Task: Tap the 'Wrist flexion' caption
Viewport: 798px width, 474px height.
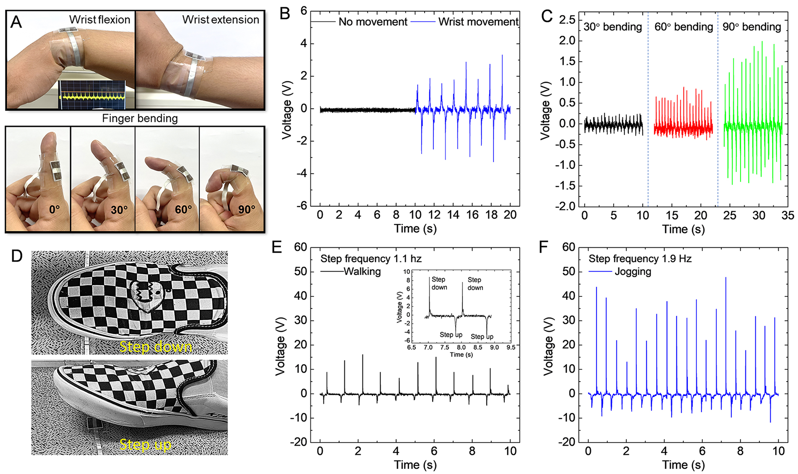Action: (100, 20)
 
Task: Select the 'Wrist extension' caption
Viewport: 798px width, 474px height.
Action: (220, 20)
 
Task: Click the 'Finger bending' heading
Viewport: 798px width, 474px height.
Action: (140, 118)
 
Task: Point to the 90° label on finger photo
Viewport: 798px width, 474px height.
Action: (247, 209)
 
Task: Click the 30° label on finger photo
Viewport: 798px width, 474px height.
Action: (119, 209)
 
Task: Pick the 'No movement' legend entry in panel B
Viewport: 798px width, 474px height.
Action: (373, 22)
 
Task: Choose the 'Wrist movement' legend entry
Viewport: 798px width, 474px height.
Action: (478, 22)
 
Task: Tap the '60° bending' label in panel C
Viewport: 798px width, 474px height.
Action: (683, 27)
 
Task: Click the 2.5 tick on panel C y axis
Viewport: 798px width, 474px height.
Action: (567, 20)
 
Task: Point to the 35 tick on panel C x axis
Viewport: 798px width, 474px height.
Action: (787, 216)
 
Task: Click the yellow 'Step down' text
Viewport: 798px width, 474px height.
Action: (155, 347)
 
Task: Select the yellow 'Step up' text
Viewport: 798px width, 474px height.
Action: (145, 444)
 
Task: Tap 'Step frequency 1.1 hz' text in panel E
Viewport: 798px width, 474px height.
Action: (370, 259)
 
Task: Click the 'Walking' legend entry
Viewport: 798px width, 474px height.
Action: (362, 272)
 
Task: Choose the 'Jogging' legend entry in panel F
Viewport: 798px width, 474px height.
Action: (633, 272)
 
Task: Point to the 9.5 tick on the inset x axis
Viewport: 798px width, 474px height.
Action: (511, 347)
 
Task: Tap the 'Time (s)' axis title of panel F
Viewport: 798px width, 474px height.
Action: (683, 465)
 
